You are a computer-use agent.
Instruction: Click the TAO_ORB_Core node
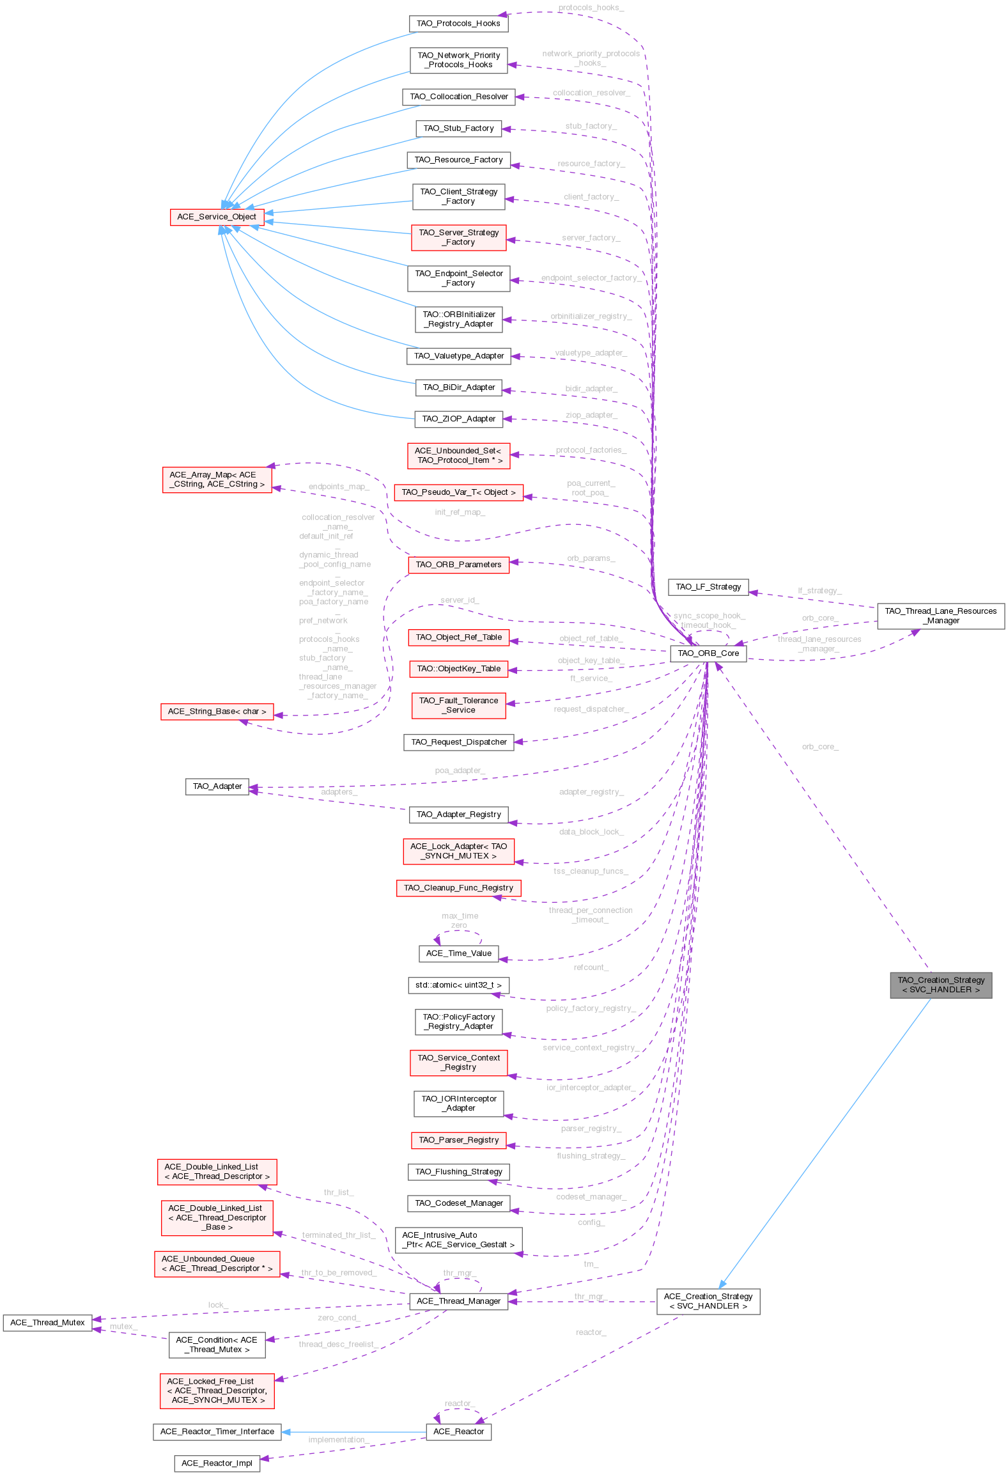point(708,653)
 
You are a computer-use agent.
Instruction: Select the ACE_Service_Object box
point(217,217)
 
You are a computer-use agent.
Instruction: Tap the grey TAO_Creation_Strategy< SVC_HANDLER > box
point(940,985)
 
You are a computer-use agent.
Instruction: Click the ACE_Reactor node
point(458,1432)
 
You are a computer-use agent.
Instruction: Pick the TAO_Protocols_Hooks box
point(458,24)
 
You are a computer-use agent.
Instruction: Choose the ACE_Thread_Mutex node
point(47,1323)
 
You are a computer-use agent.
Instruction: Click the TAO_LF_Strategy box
point(708,587)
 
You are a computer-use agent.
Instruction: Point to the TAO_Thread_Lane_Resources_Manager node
point(940,616)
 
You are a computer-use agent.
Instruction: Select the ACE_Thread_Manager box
point(458,1301)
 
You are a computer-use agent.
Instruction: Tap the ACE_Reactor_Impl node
point(217,1463)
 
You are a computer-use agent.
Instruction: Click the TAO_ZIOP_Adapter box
point(458,419)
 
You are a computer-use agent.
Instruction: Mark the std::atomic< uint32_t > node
point(458,985)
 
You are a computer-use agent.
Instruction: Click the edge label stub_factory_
point(591,127)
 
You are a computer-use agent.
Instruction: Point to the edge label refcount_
point(591,967)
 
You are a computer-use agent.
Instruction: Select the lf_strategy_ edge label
point(819,591)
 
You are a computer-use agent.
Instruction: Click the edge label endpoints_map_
point(339,487)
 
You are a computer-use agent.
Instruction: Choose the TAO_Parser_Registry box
point(458,1140)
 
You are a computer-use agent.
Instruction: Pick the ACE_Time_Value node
point(458,953)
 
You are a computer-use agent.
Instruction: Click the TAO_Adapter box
point(217,786)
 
